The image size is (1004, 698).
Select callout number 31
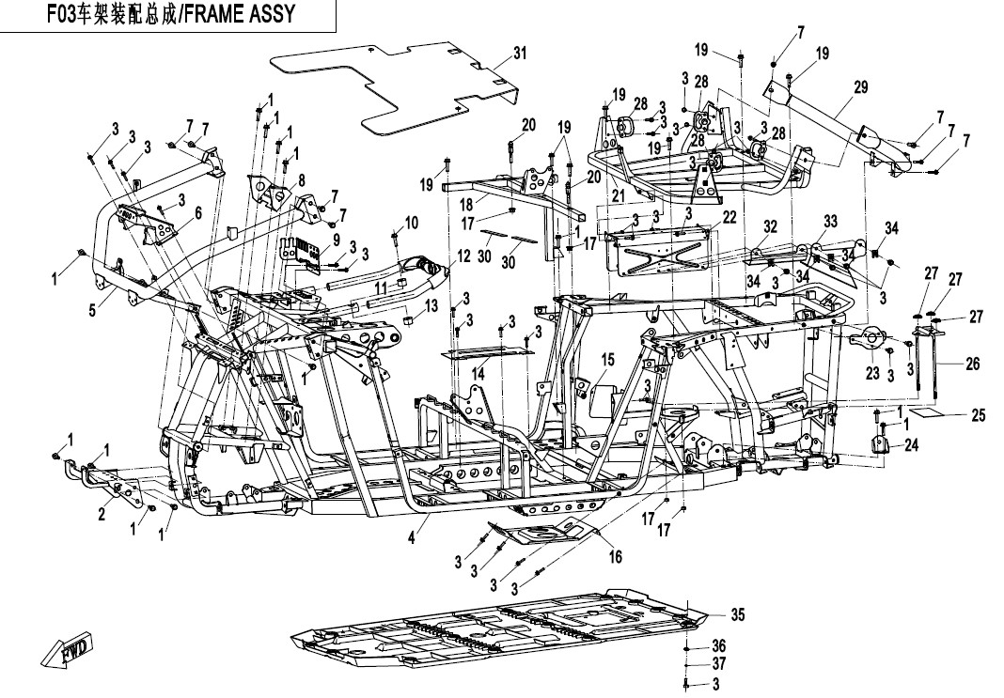pos(520,54)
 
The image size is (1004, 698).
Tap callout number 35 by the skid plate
pos(739,615)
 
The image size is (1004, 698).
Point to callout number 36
pos(718,645)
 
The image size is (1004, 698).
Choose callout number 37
pos(718,664)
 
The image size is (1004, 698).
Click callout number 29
pos(860,87)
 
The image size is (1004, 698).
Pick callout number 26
pos(972,364)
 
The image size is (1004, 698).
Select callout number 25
pos(978,414)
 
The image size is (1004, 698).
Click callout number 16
pos(616,556)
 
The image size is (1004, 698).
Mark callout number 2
pos(101,514)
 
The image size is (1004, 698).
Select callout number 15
pos(607,359)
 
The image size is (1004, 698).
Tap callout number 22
pos(729,218)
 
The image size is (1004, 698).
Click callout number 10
pos(411,223)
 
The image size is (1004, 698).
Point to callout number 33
pos(830,221)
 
